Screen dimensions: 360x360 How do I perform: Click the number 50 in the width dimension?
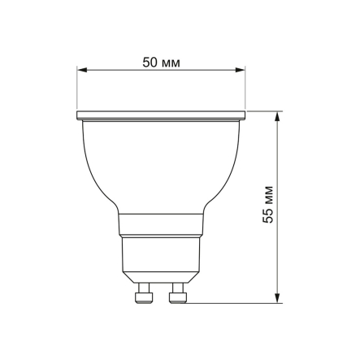[x=150, y=62]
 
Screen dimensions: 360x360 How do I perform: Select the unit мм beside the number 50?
[x=171, y=62]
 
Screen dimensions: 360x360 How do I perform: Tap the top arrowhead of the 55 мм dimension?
[x=279, y=115]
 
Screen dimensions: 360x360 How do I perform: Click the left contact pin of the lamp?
[x=145, y=294]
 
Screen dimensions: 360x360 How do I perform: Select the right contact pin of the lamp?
[x=178, y=294]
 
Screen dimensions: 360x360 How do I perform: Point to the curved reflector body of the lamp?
[x=162, y=163]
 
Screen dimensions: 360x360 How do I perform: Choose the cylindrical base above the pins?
[x=162, y=256]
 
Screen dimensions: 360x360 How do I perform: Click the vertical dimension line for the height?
[x=279, y=260]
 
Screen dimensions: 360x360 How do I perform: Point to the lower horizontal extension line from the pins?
[x=236, y=304]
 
